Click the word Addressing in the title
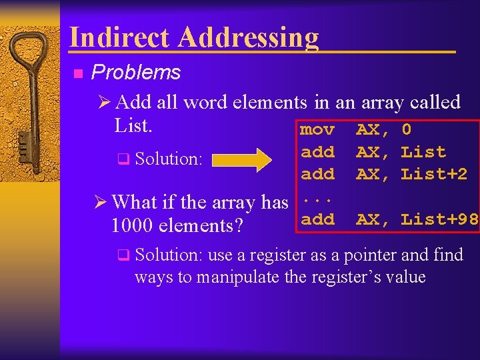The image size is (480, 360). (248, 39)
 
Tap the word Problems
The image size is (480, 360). (136, 72)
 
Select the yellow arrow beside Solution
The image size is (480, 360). (242, 159)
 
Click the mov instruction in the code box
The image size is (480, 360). (317, 129)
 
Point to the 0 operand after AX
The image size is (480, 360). (407, 129)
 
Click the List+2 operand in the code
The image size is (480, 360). (434, 174)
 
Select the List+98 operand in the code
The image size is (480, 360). (439, 219)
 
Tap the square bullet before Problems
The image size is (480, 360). (77, 73)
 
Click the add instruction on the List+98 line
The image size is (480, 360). (317, 219)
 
